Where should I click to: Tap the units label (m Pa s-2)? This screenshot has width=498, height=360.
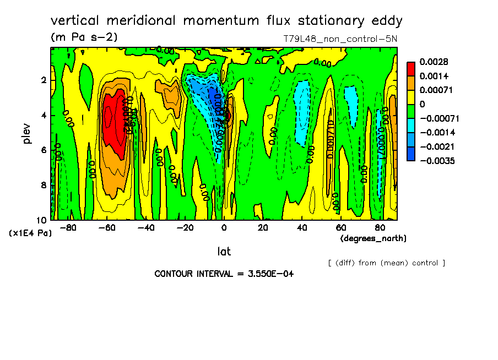tap(84, 37)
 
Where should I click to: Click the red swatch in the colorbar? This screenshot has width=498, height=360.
tap(410, 68)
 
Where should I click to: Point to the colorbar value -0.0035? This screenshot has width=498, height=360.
tap(438, 161)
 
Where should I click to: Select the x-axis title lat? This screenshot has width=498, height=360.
tap(224, 252)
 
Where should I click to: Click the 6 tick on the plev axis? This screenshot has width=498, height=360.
tap(44, 150)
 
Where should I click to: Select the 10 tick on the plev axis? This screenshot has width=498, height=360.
tap(42, 220)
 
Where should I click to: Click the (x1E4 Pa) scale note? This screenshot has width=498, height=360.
tap(31, 233)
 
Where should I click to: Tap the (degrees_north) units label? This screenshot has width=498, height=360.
tap(373, 238)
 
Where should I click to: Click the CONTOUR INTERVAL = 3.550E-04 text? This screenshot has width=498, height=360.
tap(224, 274)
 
